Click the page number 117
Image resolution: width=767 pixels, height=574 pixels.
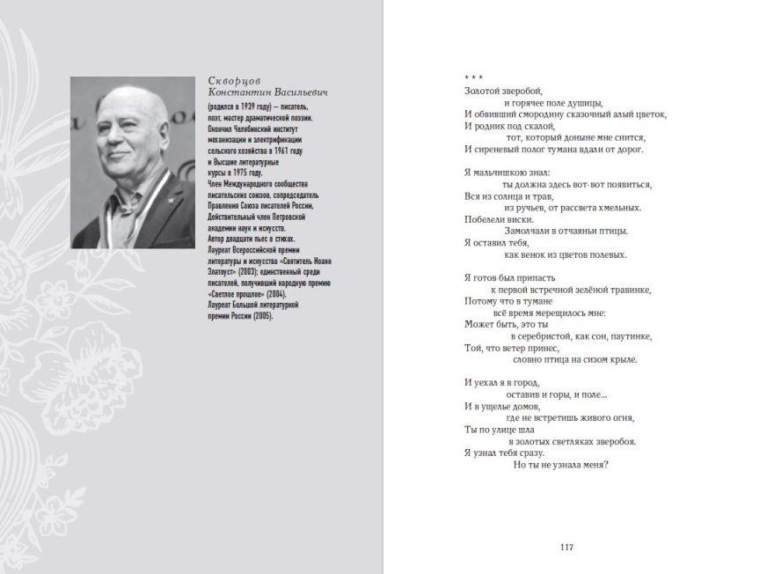click(566, 547)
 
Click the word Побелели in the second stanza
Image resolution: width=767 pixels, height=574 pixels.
click(487, 219)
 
